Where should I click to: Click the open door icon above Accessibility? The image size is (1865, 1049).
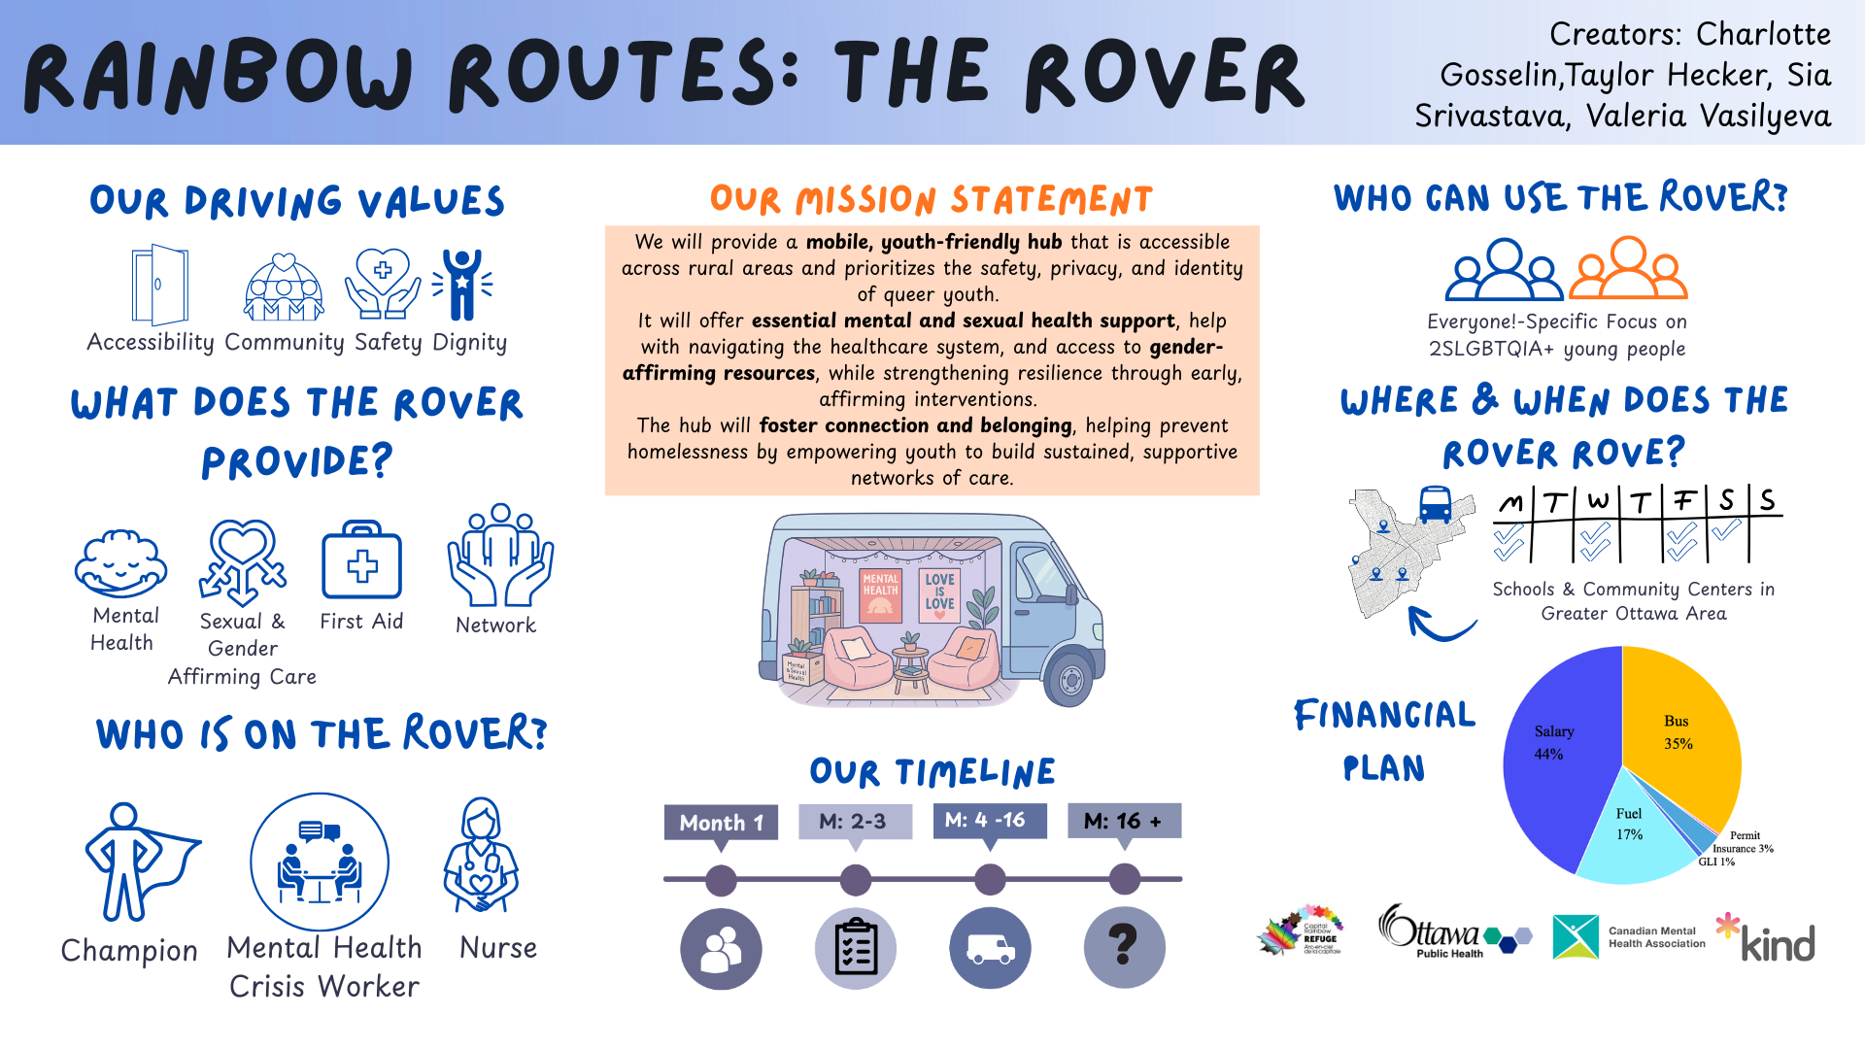(x=160, y=285)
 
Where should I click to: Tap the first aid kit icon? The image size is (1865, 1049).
(x=361, y=561)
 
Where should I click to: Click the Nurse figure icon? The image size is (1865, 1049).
(x=481, y=856)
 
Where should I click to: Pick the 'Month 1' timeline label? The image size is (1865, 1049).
(x=721, y=823)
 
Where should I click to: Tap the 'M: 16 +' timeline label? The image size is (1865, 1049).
(x=1124, y=821)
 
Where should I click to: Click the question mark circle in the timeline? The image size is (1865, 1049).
(x=1124, y=947)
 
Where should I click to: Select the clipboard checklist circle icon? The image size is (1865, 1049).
(x=855, y=947)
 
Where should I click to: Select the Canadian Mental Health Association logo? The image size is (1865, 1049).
(x=1629, y=936)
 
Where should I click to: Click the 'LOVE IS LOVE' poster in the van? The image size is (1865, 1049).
(x=939, y=593)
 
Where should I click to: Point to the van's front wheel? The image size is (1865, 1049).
(x=1070, y=680)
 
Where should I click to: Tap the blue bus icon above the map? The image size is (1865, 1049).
(x=1435, y=505)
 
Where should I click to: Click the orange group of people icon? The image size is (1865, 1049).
(x=1628, y=269)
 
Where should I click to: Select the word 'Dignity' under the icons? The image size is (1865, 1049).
(x=469, y=342)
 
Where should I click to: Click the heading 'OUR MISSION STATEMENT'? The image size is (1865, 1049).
(x=931, y=200)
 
